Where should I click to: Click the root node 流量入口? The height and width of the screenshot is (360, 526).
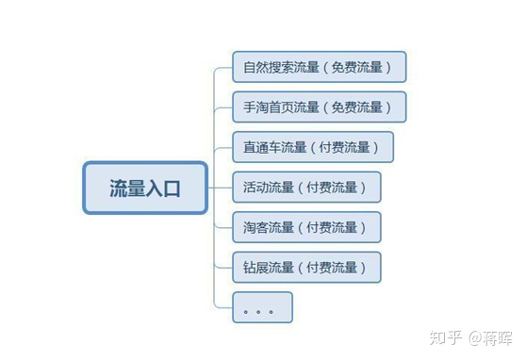(144, 188)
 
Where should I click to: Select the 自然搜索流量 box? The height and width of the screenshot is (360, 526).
(319, 67)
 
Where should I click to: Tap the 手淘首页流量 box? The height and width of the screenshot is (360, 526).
(319, 107)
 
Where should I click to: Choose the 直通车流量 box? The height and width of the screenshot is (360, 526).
(312, 147)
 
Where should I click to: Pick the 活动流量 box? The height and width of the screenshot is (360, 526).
(306, 188)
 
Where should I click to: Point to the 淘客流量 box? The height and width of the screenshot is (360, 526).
(306, 227)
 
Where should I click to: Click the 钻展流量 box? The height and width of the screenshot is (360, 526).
(306, 268)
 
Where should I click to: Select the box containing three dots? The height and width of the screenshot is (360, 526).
(262, 307)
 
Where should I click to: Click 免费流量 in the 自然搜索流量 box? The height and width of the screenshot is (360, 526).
(361, 68)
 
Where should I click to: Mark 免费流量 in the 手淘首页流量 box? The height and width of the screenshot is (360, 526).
(361, 107)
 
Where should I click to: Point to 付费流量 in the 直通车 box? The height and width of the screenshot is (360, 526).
(349, 148)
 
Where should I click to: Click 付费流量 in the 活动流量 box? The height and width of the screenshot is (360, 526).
(337, 188)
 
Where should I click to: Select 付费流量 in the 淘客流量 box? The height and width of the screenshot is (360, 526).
(337, 228)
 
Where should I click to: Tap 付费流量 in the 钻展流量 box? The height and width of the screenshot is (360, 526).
(337, 268)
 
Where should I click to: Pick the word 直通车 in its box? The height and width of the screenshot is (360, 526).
(261, 148)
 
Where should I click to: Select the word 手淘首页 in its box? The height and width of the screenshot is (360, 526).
(268, 107)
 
